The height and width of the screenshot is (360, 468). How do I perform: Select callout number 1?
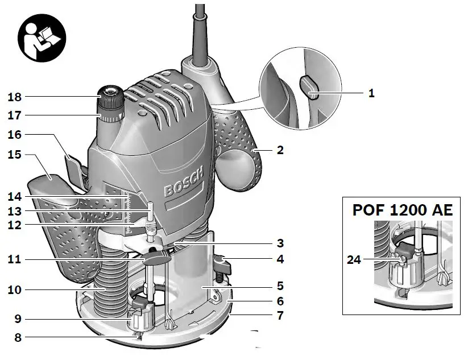pos(371,93)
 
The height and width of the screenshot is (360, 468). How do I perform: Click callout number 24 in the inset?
pos(354,261)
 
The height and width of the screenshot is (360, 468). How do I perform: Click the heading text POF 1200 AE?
pos(403,210)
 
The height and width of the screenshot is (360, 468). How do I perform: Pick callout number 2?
pos(280,151)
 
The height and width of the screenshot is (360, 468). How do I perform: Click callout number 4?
pos(280,260)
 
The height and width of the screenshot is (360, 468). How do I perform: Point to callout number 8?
pos(18,337)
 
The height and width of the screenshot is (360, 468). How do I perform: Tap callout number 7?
pos(280,315)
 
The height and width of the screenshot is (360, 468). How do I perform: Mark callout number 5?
pos(280,286)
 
